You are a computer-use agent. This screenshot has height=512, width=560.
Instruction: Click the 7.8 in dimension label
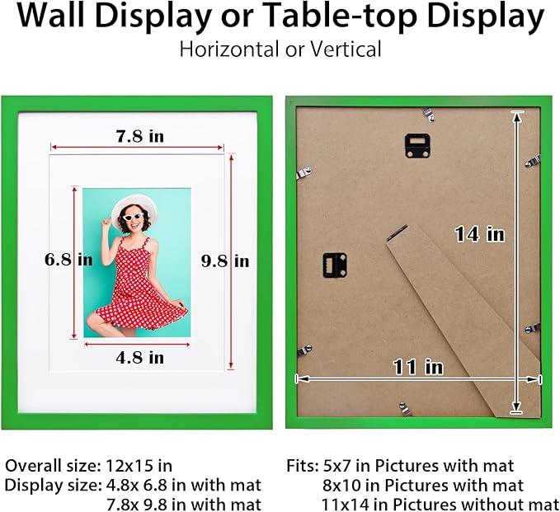139,137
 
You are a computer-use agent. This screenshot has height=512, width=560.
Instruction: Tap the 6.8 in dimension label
68,260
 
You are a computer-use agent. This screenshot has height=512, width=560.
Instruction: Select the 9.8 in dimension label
225,261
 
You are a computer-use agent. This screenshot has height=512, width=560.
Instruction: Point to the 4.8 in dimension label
139,357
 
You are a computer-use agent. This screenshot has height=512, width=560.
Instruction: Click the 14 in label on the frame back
479,234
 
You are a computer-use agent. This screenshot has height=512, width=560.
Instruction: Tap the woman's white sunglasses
133,216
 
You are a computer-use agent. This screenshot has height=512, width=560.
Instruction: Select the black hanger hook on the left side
334,265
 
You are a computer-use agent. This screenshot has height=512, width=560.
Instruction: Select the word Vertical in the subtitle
346,49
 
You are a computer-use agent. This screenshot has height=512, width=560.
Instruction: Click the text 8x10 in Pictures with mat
339,485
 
